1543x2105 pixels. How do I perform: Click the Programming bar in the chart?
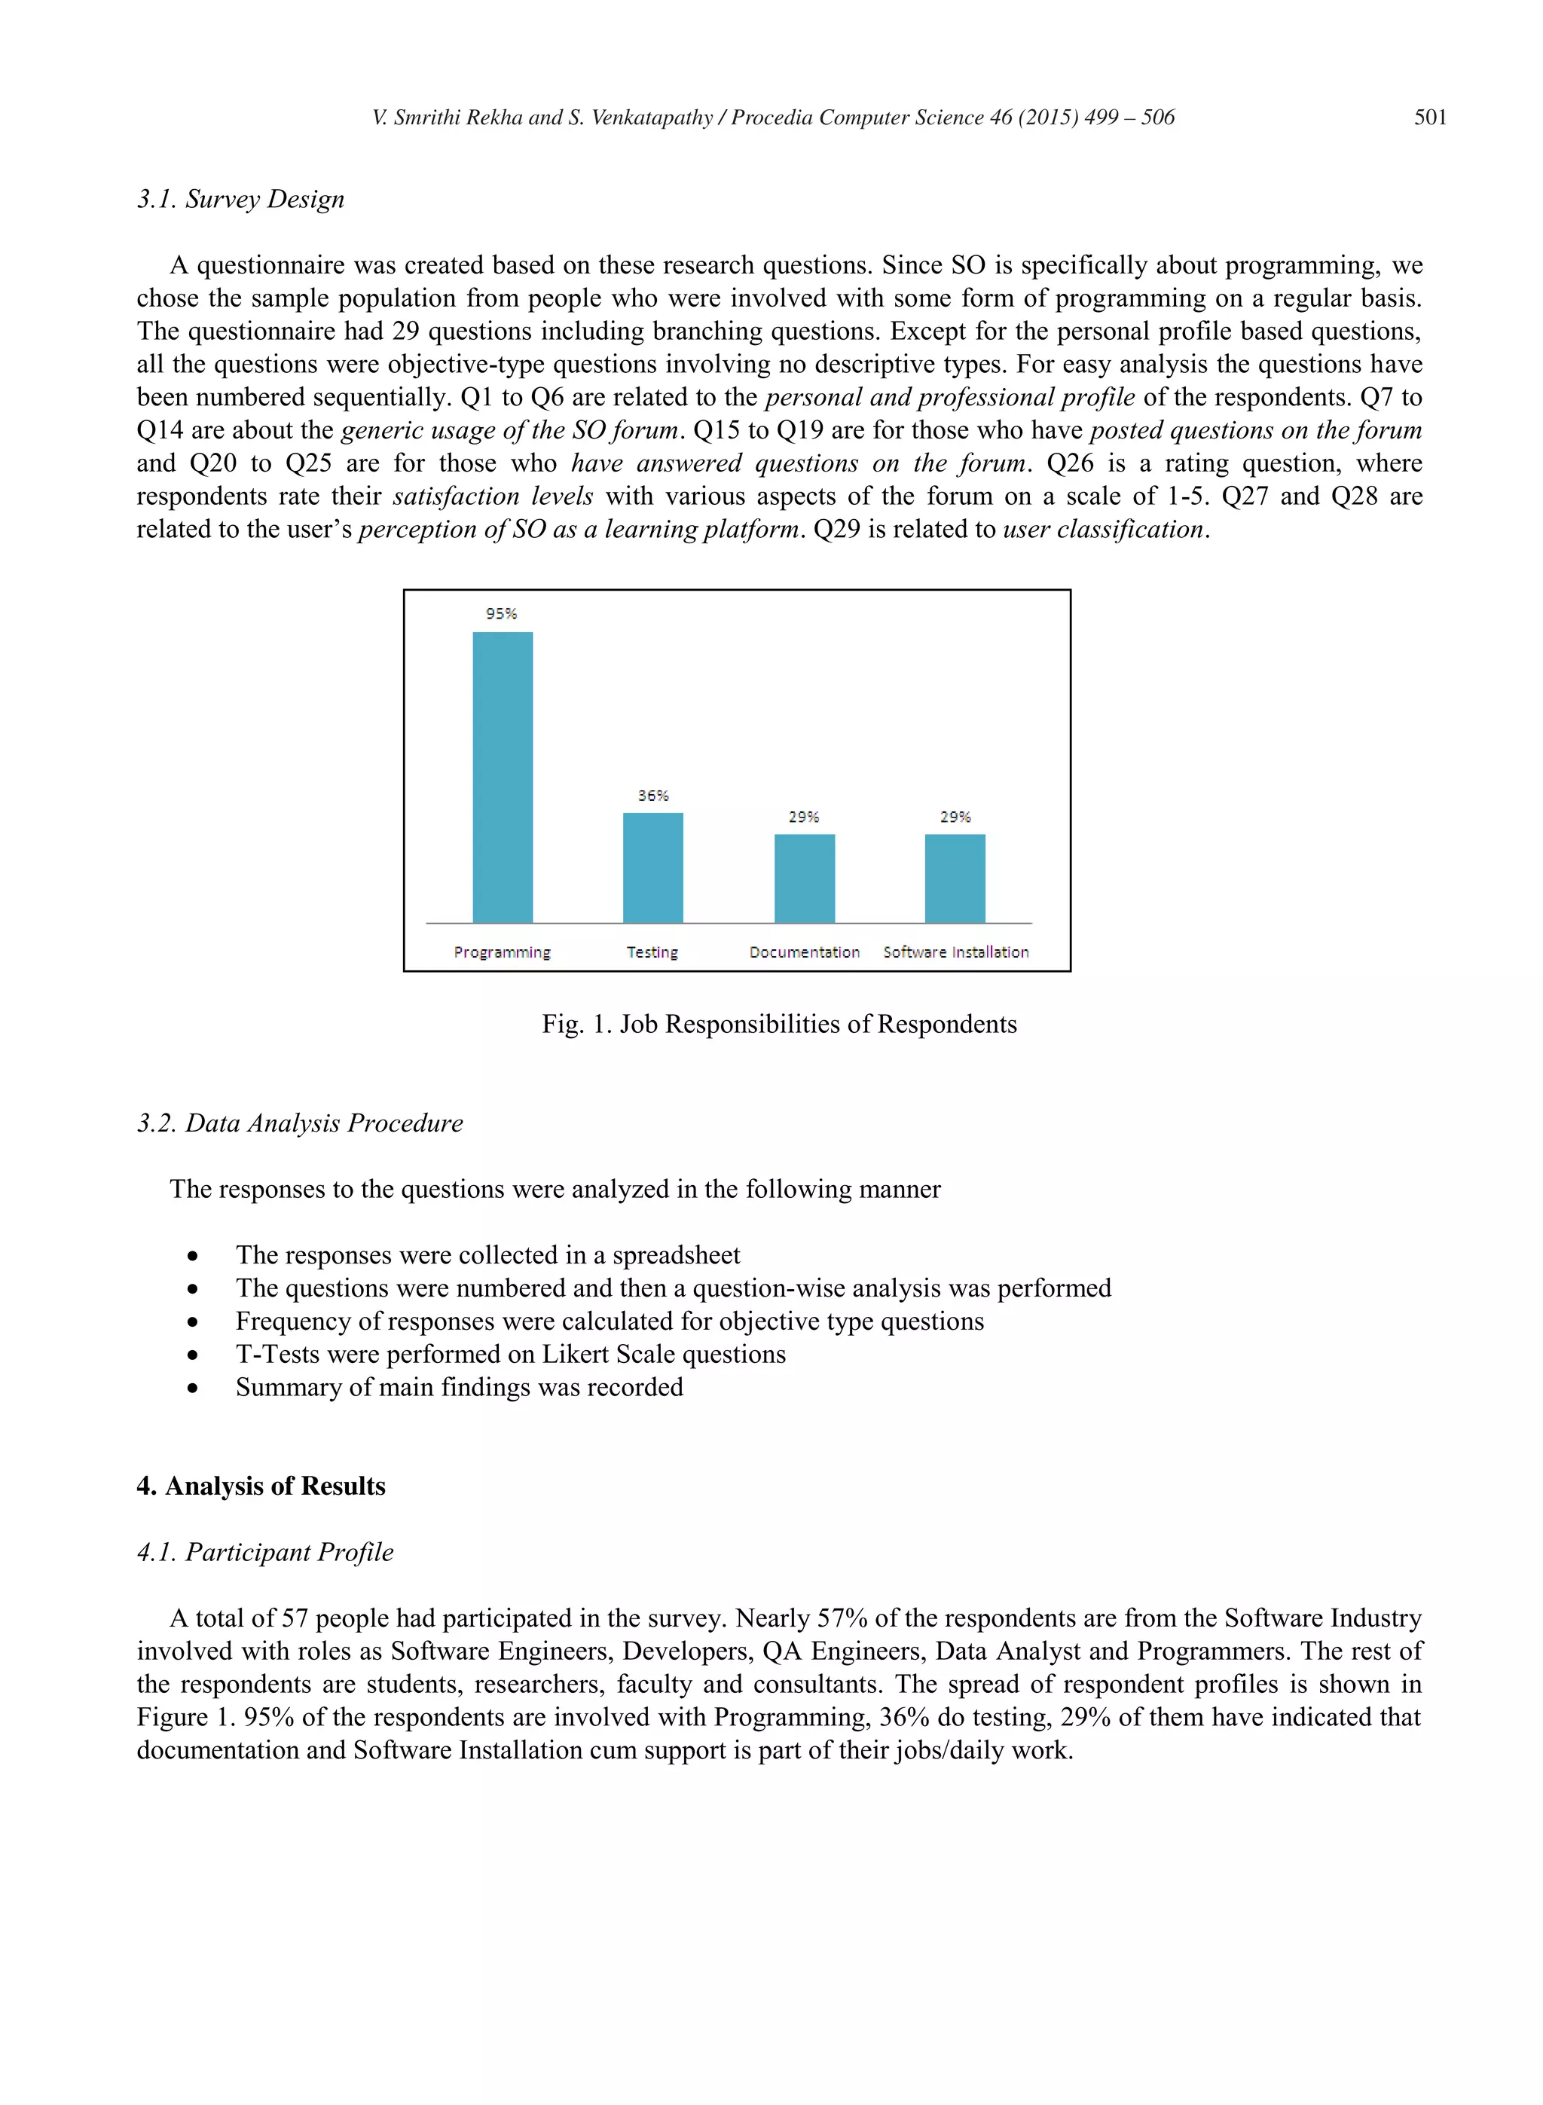pos(503,777)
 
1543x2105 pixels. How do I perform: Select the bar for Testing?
pos(653,868)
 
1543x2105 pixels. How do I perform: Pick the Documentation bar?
pos(804,878)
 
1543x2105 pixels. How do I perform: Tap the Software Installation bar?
pos(955,878)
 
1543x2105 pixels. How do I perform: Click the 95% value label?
pos(502,613)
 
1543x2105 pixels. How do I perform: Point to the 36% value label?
pos(653,796)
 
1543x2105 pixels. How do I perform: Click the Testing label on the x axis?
pos(652,952)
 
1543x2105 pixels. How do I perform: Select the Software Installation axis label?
pos(955,952)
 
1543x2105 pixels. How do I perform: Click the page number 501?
pos(1429,118)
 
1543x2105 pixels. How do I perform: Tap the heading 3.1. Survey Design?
pos(241,199)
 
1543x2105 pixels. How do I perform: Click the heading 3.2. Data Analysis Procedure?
pos(300,1123)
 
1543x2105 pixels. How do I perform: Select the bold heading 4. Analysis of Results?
pos(261,1486)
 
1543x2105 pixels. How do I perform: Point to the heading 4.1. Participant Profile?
pos(265,1552)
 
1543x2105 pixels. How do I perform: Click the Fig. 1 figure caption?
pos(779,1025)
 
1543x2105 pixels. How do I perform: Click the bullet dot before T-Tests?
pos(192,1355)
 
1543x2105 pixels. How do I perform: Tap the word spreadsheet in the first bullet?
pos(677,1255)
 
